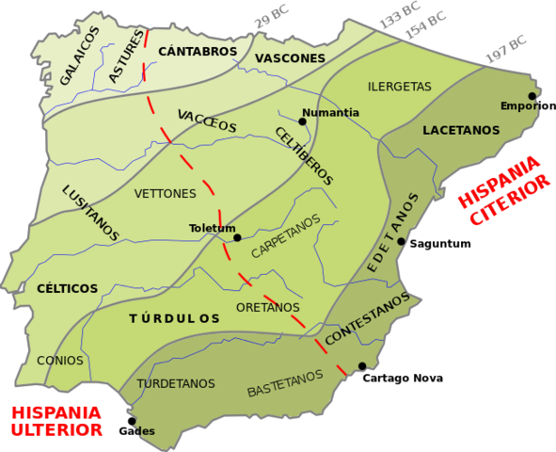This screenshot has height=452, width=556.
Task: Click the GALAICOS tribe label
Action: tap(79, 56)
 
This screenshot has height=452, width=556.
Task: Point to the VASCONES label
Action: tap(291, 58)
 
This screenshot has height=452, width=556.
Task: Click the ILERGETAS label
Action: tap(399, 86)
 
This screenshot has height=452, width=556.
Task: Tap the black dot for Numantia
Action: tap(303, 121)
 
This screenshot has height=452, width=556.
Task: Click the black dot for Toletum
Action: tap(237, 237)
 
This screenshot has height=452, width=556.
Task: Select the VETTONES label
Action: tap(165, 193)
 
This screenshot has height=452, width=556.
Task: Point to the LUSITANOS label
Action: tap(90, 213)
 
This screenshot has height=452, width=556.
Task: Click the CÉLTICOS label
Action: tap(68, 287)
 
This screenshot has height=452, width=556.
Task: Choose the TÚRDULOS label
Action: tap(173, 319)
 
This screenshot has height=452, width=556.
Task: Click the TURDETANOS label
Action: tap(176, 383)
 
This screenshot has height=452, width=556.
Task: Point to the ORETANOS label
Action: tap(268, 308)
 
